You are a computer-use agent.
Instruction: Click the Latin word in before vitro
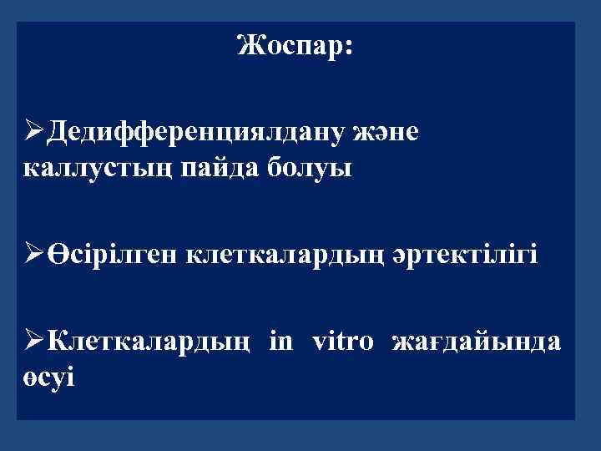[x=281, y=341]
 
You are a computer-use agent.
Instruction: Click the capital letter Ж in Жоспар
[x=247, y=46]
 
